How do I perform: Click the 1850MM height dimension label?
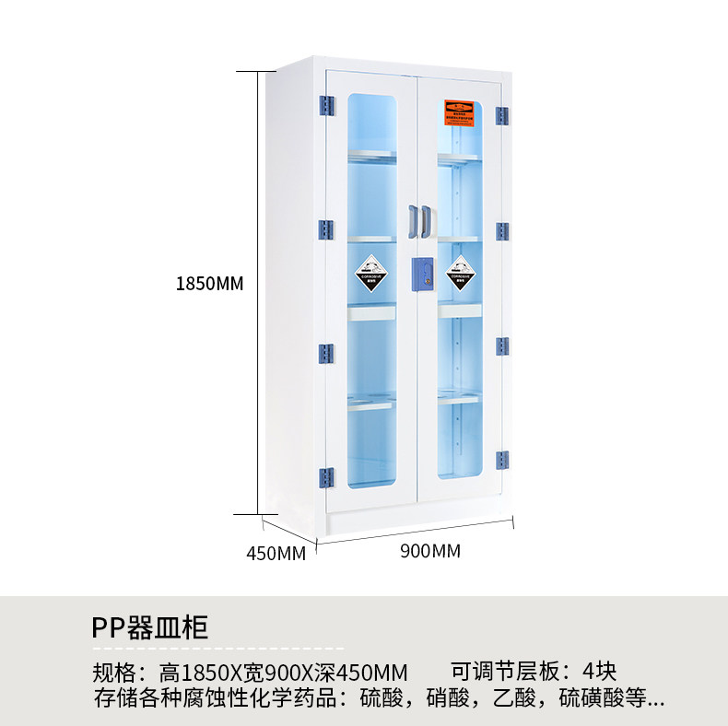click(x=209, y=283)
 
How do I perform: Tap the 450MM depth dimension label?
click(x=276, y=553)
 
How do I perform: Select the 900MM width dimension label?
click(x=429, y=551)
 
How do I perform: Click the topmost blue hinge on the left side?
click(x=325, y=106)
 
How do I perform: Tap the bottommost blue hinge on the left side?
click(x=325, y=476)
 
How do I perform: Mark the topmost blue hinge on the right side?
click(x=501, y=116)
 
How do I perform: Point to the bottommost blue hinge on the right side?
click(x=501, y=459)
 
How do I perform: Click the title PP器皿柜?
click(x=150, y=627)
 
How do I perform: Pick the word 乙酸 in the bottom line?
click(x=518, y=697)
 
